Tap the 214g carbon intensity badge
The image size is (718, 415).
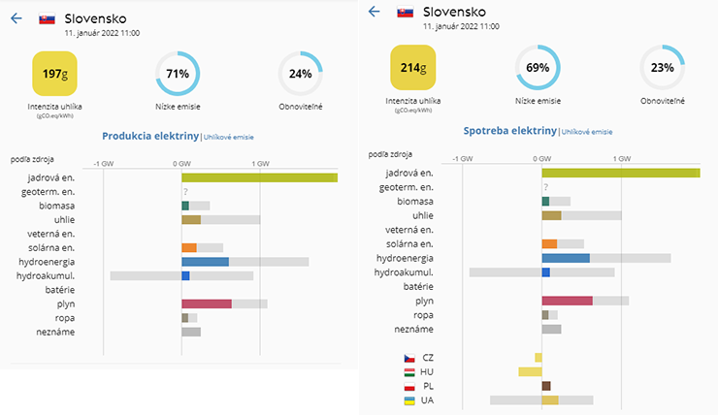coord(413,68)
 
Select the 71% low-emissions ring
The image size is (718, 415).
coord(178,74)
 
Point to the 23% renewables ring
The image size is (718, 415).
coord(663,68)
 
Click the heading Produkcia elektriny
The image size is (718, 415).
coord(150,137)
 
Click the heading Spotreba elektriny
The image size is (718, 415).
coord(509,130)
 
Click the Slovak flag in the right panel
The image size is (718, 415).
coord(406,13)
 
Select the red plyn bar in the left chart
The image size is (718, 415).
coord(207,303)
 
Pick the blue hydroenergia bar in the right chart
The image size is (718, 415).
coord(566,258)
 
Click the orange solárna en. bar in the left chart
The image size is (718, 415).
coord(189,248)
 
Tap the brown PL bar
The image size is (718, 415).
coord(546,386)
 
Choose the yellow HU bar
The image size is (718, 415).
coord(530,371)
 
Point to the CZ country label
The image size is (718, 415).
coord(428,358)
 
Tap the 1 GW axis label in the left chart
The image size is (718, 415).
coord(260,163)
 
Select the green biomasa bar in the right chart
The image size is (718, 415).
coord(545,201)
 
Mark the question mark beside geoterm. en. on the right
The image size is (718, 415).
coord(546,187)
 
